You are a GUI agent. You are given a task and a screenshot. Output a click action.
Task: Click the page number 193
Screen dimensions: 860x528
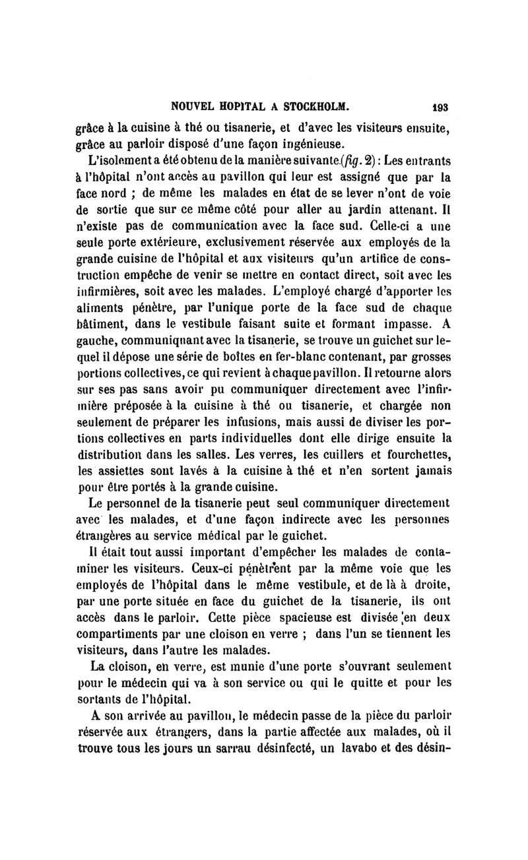pos(441,105)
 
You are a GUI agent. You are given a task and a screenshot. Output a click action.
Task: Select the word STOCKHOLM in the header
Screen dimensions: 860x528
pos(312,105)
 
